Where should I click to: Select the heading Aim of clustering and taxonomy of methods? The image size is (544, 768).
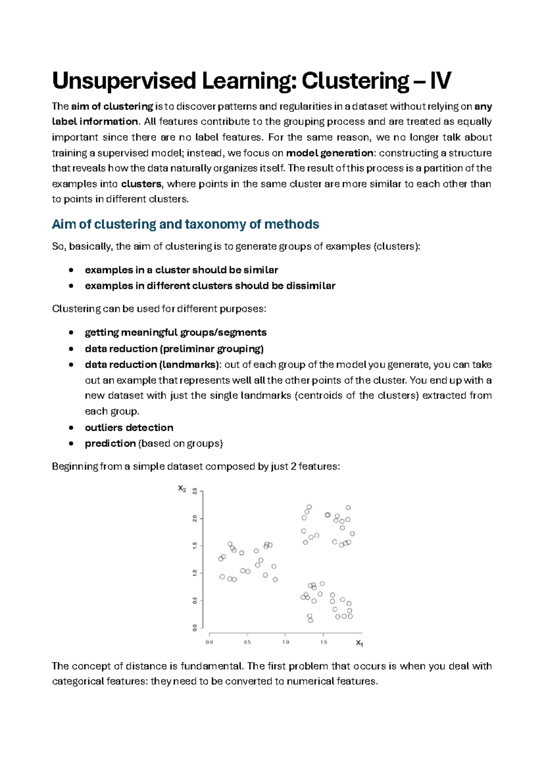point(185,225)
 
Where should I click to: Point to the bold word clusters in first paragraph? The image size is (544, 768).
point(141,184)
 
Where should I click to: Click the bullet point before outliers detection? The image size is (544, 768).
point(71,428)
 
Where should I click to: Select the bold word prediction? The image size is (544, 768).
point(110,444)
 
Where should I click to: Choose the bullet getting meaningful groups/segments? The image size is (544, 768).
point(175,333)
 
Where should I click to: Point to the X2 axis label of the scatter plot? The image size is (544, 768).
point(182,489)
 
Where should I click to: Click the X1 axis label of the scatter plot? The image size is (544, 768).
point(359,643)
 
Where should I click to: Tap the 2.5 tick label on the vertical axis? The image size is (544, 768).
point(195,491)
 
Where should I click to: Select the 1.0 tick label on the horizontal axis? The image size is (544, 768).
point(286,642)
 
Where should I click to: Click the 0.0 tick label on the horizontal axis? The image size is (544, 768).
point(209,642)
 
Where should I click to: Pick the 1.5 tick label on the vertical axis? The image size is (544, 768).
point(195,546)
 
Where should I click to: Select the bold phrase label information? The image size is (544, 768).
point(94,122)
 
